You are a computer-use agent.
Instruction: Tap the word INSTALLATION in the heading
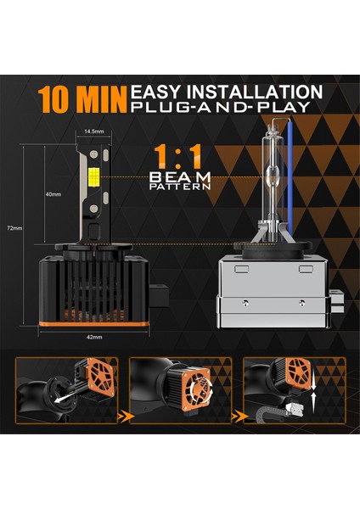pyautogui.click(x=259, y=91)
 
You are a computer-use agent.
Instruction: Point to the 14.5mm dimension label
pyautogui.click(x=93, y=131)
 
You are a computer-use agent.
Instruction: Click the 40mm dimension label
pyautogui.click(x=52, y=193)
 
